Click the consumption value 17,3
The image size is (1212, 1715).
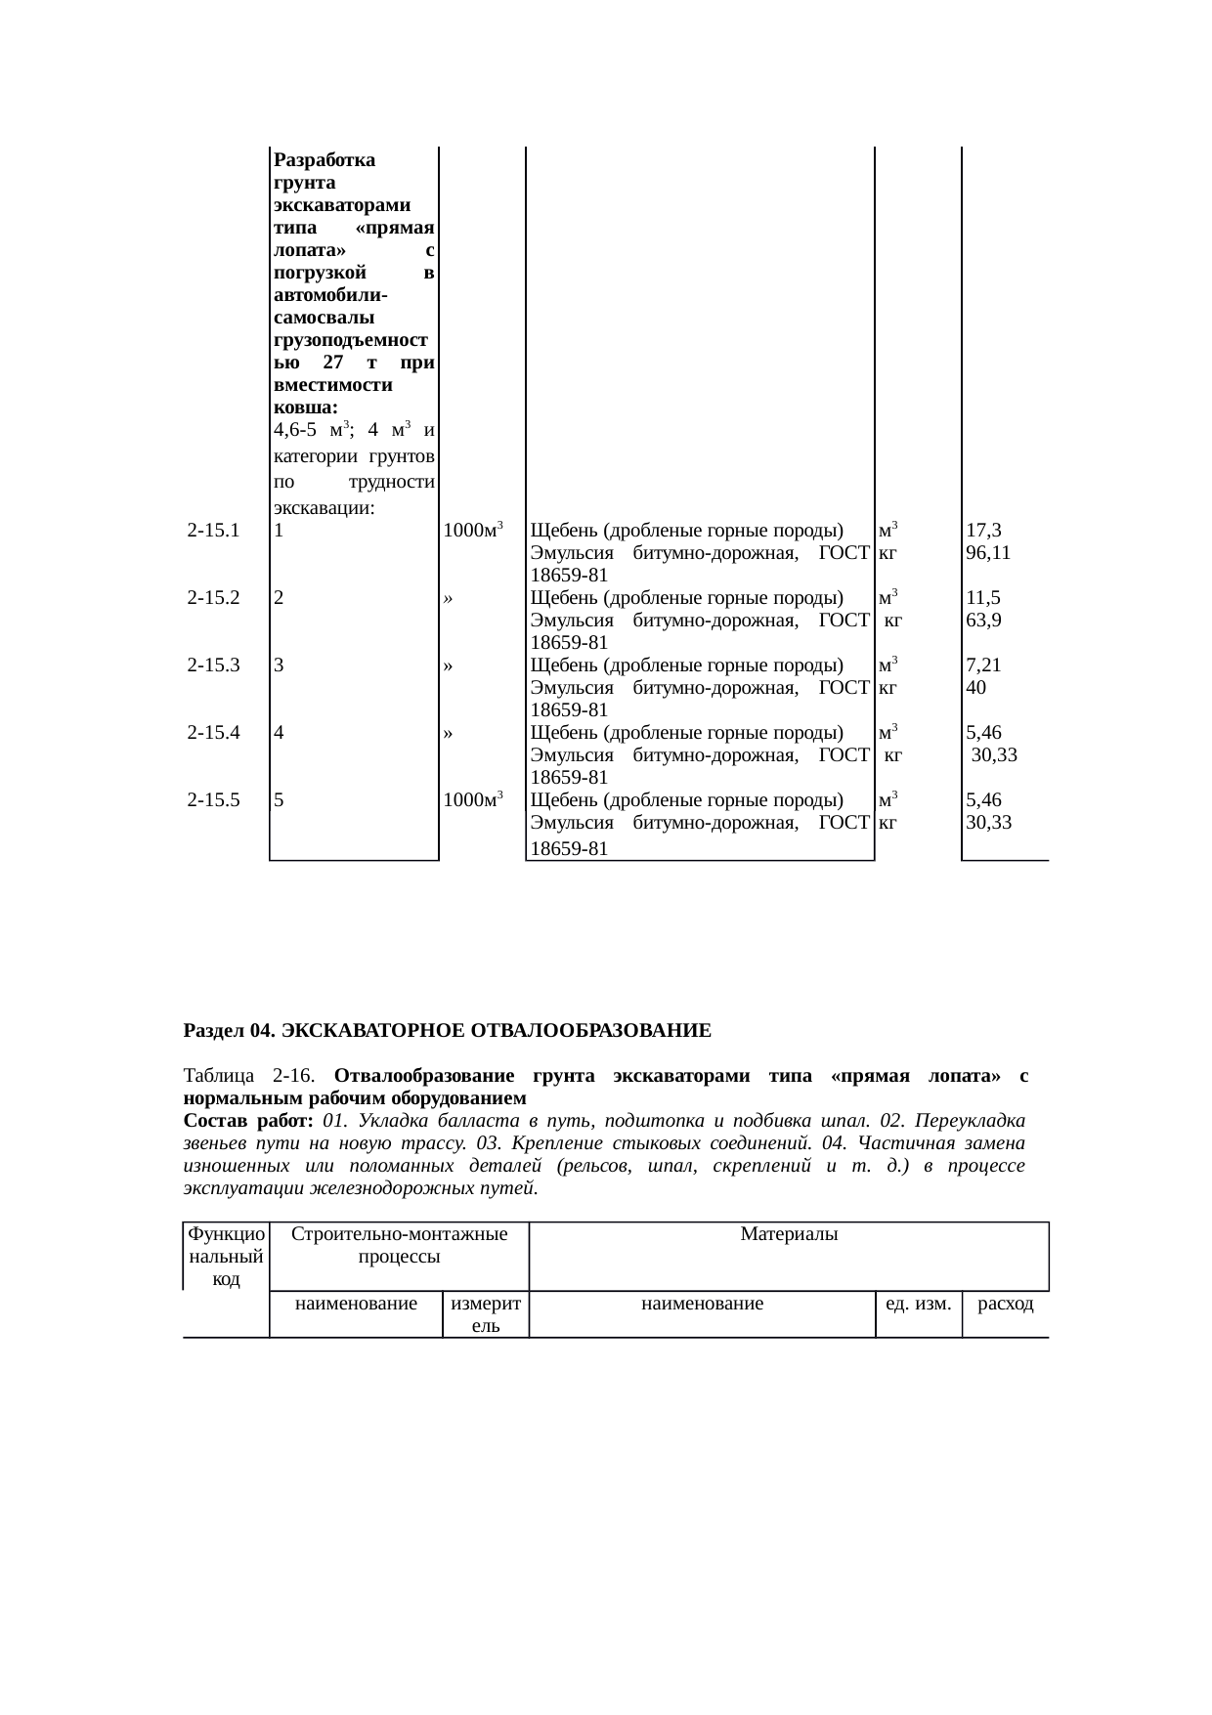click(982, 531)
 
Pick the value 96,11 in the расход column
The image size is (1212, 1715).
click(987, 552)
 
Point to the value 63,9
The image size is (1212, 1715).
click(982, 620)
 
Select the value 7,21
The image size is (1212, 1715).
click(982, 665)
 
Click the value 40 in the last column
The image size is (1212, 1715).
click(975, 687)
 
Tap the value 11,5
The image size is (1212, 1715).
click(982, 597)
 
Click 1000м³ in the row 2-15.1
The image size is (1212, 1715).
click(472, 531)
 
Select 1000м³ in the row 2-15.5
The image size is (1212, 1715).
click(472, 799)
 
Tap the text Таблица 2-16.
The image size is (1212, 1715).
click(248, 1076)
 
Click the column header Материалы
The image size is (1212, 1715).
click(789, 1234)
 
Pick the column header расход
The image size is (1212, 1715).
click(1006, 1304)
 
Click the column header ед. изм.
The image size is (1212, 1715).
click(918, 1304)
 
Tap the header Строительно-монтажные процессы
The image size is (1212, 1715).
click(399, 1245)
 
